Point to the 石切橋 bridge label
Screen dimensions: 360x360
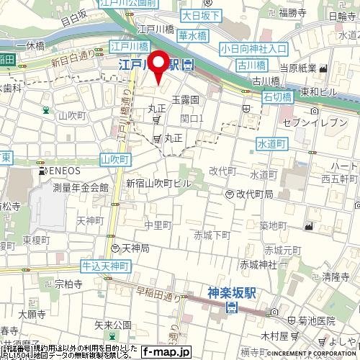276,96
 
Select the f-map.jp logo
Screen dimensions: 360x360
166,352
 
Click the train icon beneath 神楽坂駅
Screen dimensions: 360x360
232,308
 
